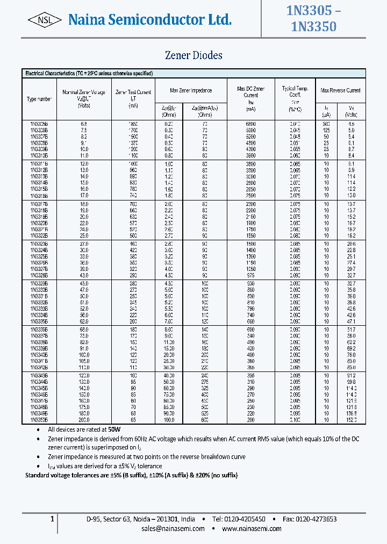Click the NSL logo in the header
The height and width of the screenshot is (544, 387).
pyautogui.click(x=45, y=20)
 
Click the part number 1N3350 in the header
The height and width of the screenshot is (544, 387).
pyautogui.click(x=313, y=26)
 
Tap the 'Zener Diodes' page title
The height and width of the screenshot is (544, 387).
pyautogui.click(x=193, y=55)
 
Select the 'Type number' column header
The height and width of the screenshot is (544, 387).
pyautogui.click(x=39, y=99)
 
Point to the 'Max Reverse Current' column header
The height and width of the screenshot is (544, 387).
pyautogui.click(x=340, y=90)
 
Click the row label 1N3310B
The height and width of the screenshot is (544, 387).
pyautogui.click(x=39, y=155)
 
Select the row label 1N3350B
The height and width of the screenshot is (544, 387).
pyautogui.click(x=39, y=419)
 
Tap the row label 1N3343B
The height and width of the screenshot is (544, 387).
pyautogui.click(x=39, y=375)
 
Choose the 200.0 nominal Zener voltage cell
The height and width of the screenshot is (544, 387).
pyautogui.click(x=84, y=419)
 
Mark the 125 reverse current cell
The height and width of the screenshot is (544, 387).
pyautogui.click(x=326, y=130)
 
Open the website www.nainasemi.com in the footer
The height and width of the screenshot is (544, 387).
pyautogui.click(x=252, y=529)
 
